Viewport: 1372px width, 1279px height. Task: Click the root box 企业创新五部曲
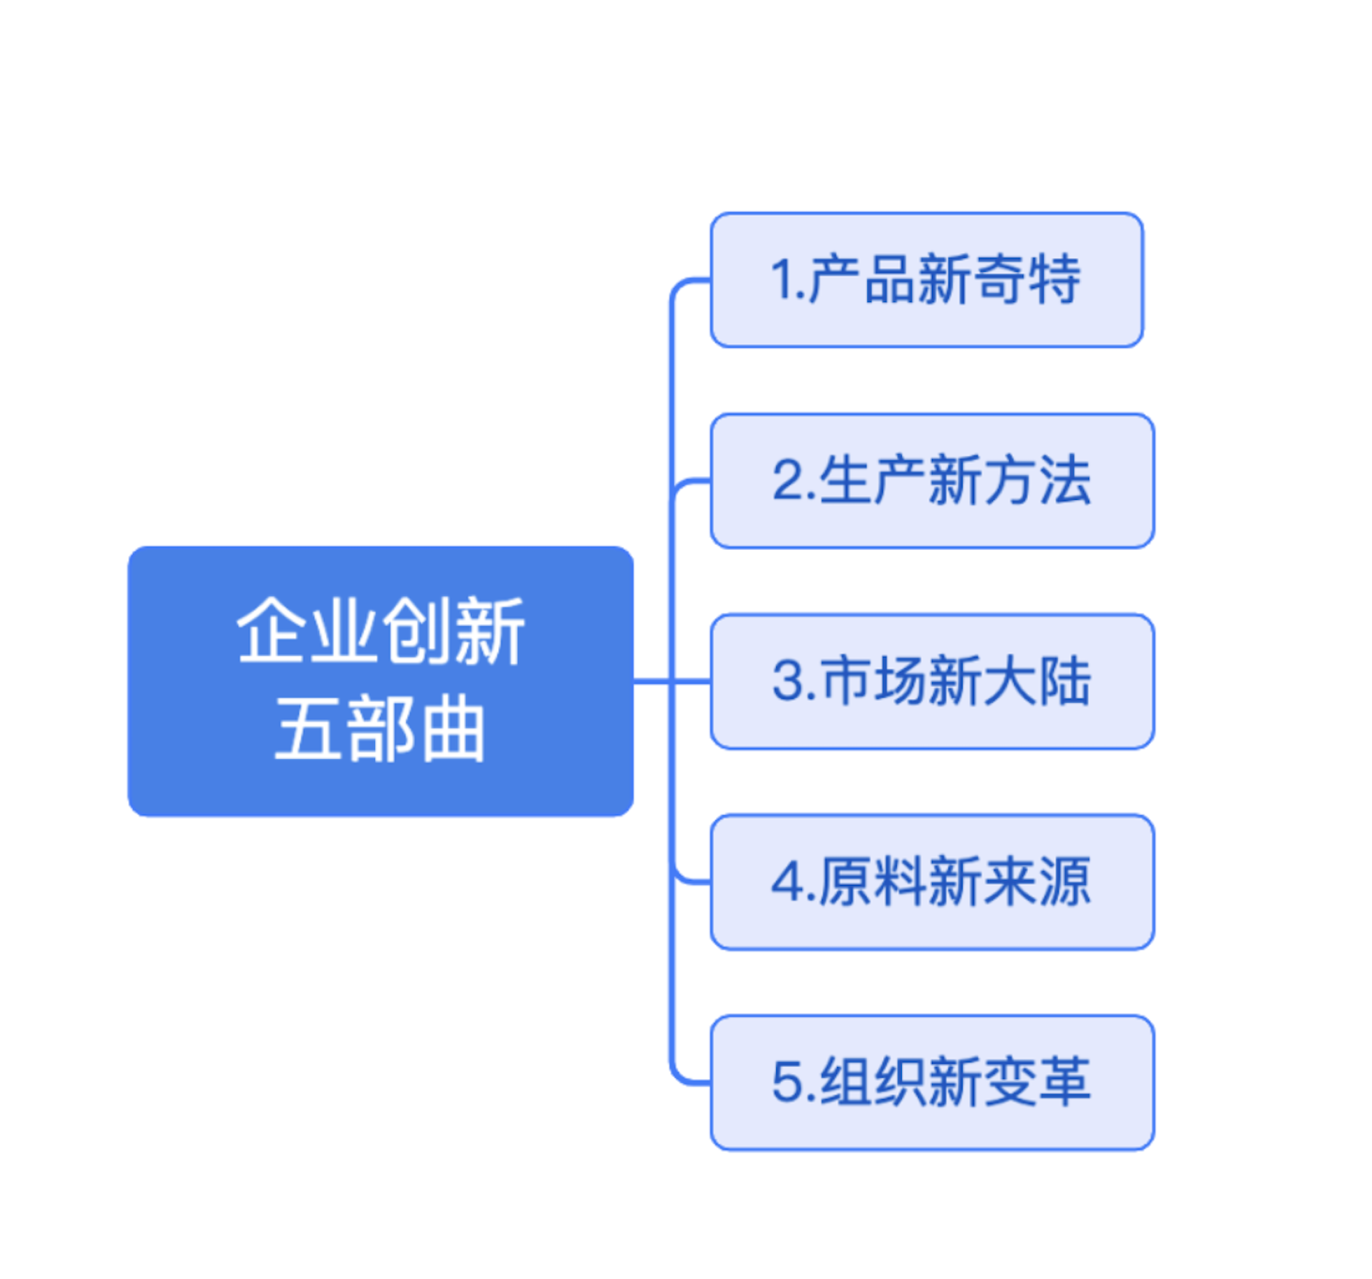(381, 681)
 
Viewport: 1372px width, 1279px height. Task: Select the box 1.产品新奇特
(926, 280)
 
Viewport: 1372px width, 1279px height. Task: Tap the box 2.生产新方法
(932, 481)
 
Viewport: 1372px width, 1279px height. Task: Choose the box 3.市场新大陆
(932, 681)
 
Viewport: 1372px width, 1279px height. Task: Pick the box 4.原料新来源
(932, 882)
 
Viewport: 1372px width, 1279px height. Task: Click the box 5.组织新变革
(932, 1083)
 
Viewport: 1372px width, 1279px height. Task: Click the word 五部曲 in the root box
(380, 729)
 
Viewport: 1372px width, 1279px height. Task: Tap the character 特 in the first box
(1055, 280)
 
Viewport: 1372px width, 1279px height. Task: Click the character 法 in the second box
(1065, 481)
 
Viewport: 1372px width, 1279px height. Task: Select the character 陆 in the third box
(1065, 681)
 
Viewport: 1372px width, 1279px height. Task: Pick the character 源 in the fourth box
(1065, 882)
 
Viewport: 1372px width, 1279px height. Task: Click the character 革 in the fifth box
(1065, 1083)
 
